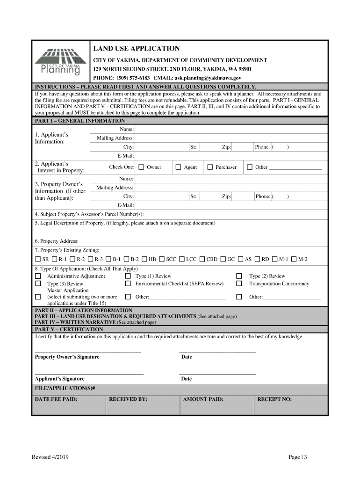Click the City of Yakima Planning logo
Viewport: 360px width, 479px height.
(x=60, y=62)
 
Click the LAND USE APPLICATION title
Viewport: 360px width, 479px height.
(x=136, y=49)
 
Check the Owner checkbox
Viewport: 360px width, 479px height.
(x=140, y=167)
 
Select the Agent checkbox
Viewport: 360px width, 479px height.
(x=178, y=167)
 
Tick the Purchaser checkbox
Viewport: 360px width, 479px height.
(x=210, y=167)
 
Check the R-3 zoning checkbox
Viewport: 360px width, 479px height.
(x=90, y=259)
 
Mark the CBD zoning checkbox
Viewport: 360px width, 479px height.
(x=202, y=259)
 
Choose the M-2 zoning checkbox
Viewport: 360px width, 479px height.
(x=294, y=259)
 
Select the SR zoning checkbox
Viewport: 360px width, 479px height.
(x=38, y=259)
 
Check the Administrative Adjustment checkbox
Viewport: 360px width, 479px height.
(x=38, y=276)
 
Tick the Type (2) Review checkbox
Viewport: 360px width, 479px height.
(x=239, y=276)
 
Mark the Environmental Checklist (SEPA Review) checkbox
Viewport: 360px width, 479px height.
(x=128, y=283)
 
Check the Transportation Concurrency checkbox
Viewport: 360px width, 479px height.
(x=239, y=283)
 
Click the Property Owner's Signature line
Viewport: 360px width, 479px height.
(x=88, y=350)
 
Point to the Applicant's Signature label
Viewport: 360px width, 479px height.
(x=60, y=379)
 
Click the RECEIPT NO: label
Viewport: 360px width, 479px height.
(x=274, y=399)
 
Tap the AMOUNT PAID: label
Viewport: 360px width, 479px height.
(x=203, y=399)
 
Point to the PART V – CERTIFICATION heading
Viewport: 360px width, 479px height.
(x=69, y=329)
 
